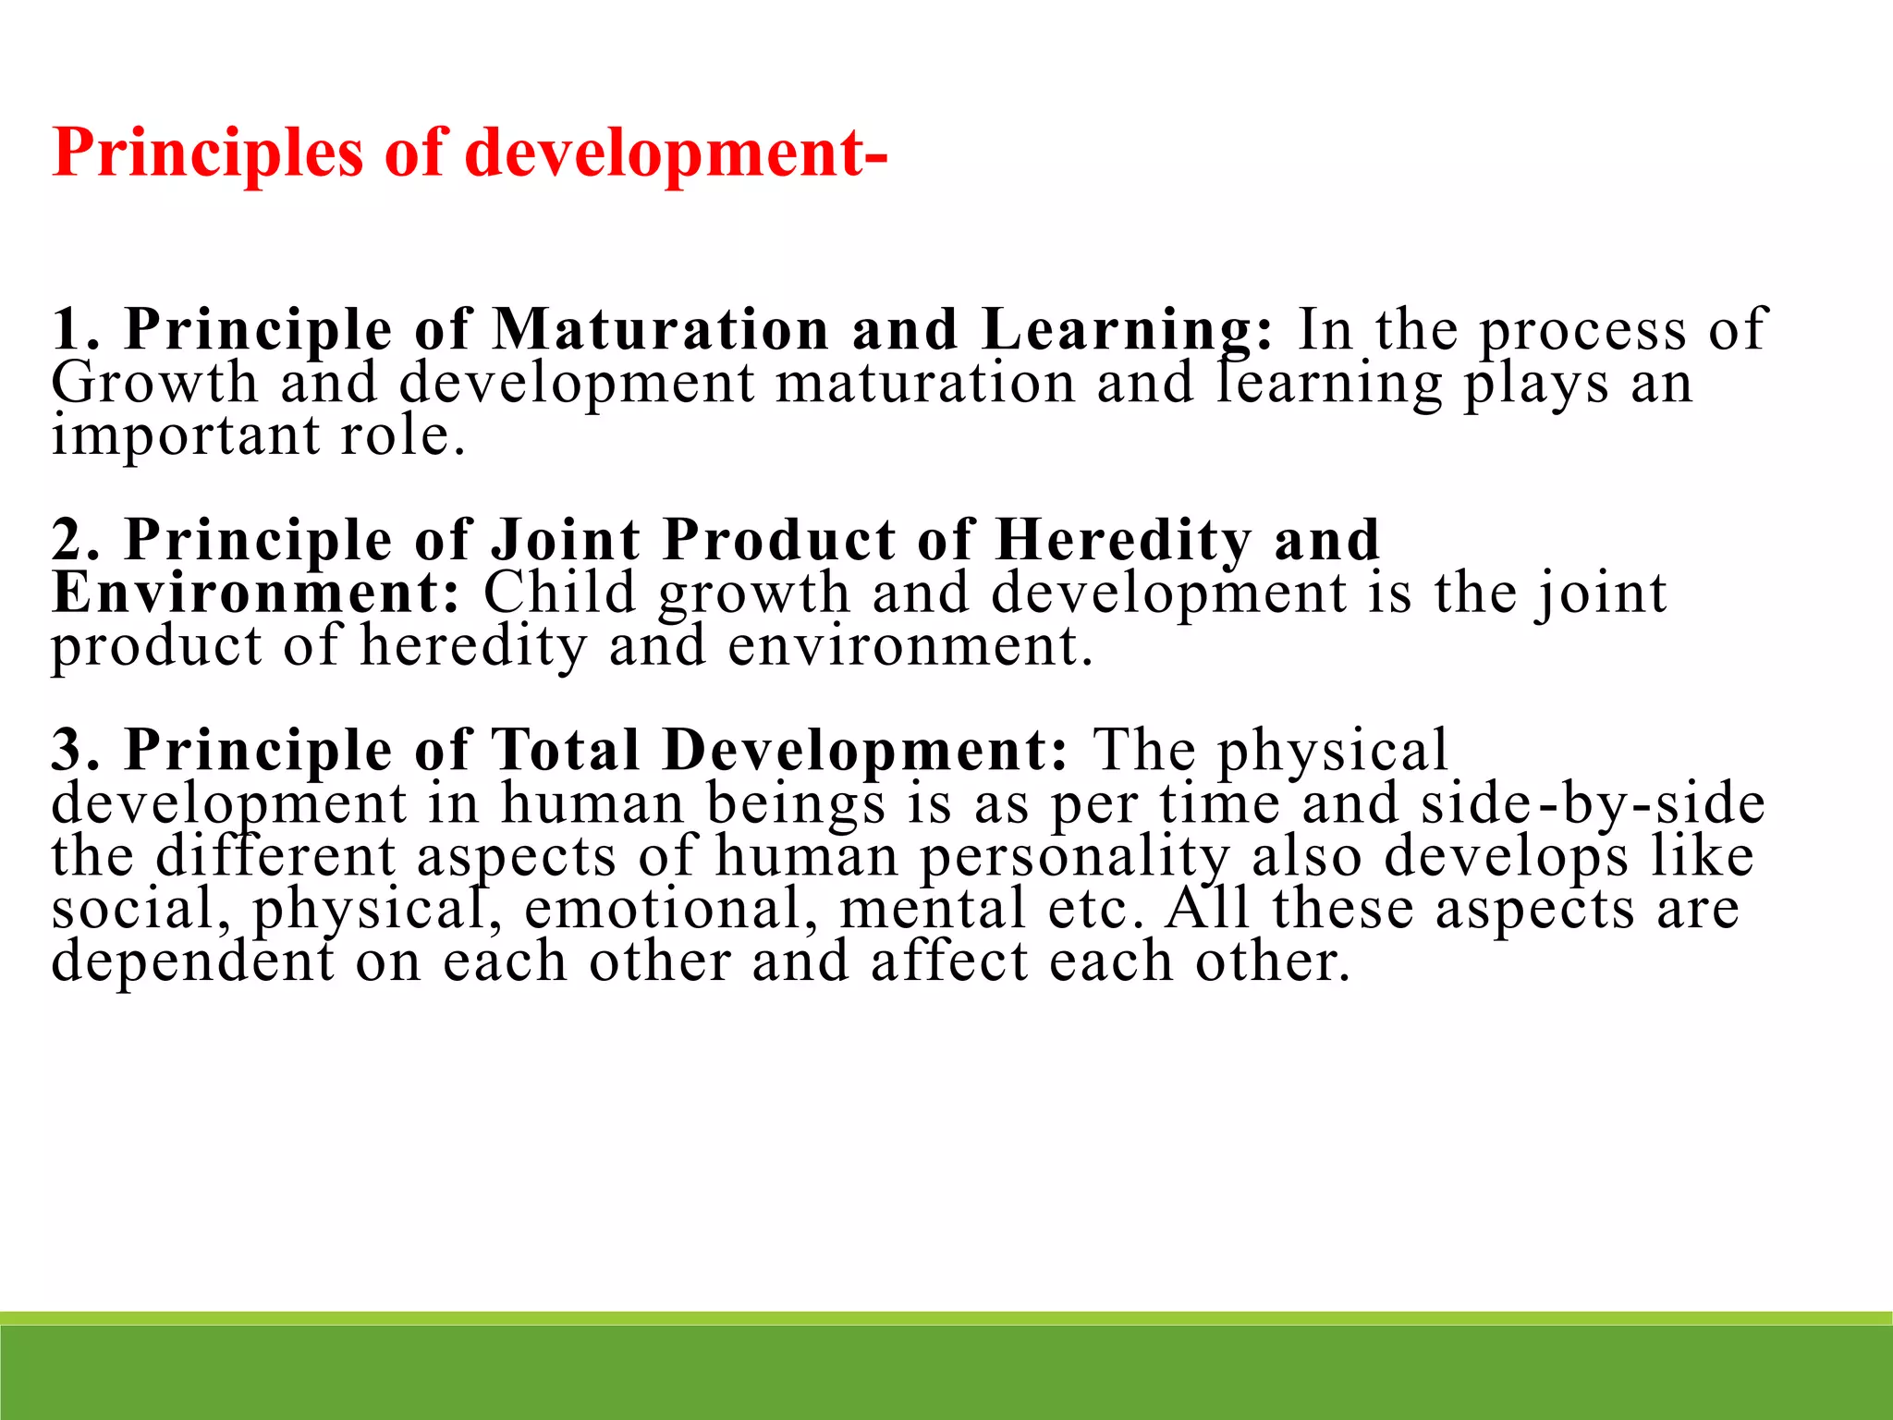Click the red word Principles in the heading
[208, 153]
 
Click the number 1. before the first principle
[76, 329]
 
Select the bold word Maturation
[660, 329]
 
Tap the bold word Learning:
[1128, 329]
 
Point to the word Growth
[154, 383]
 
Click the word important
[184, 435]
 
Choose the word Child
[559, 593]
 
